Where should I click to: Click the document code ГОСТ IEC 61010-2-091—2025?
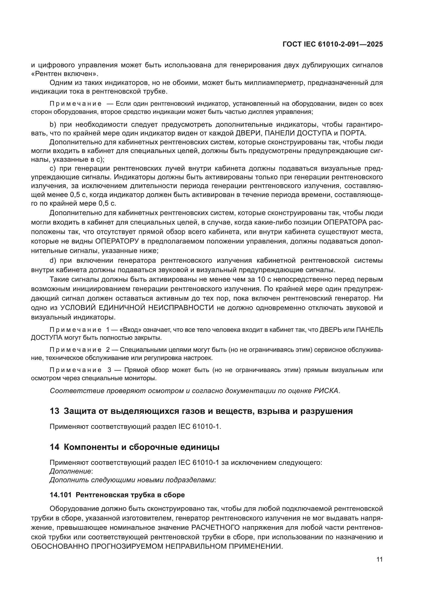(x=332, y=44)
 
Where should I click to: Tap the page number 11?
(x=379, y=560)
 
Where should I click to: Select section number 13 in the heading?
(x=54, y=411)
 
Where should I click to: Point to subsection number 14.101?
(x=60, y=495)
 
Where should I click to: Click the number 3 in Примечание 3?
(x=109, y=370)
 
